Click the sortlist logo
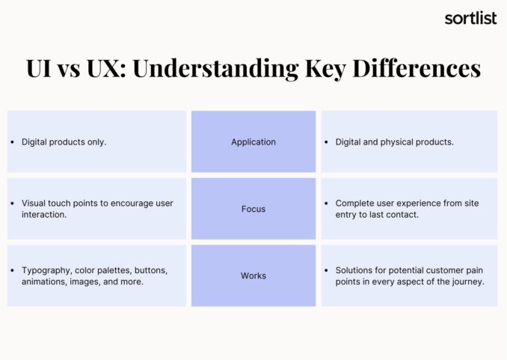click(470, 18)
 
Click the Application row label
click(254, 142)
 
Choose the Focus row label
click(254, 209)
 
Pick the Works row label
click(254, 275)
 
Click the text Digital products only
click(64, 142)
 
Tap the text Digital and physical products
click(394, 142)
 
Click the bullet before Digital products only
click(13, 142)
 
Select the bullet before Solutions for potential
click(327, 269)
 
